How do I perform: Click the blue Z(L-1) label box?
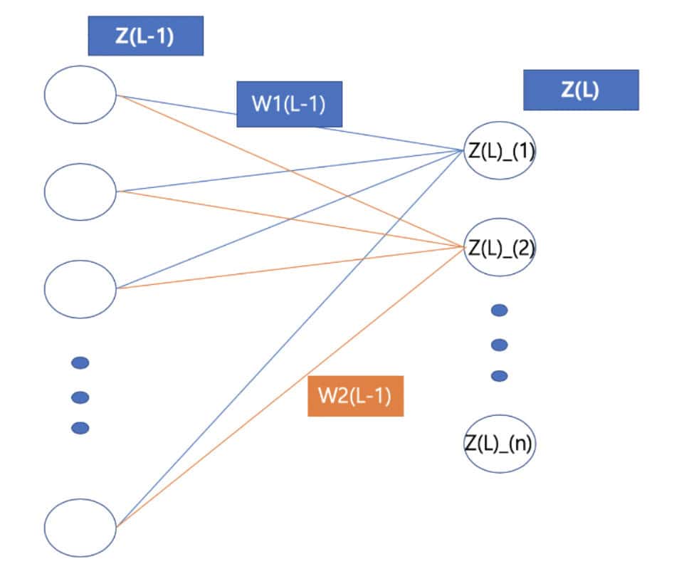(x=146, y=36)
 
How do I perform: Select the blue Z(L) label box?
(x=581, y=90)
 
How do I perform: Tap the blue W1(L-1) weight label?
(x=288, y=105)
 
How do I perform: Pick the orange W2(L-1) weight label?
(x=355, y=396)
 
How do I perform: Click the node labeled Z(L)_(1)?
(x=500, y=150)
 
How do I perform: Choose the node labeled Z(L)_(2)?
(x=500, y=247)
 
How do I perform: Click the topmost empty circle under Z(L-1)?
(x=80, y=94)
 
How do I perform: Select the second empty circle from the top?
(x=80, y=191)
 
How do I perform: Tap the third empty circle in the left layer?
(x=80, y=288)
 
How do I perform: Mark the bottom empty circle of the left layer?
(x=80, y=527)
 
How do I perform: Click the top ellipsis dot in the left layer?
(x=80, y=363)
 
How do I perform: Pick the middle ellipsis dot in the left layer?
(x=80, y=396)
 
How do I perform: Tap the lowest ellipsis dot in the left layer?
(x=80, y=428)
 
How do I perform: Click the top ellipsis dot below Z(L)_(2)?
(x=500, y=310)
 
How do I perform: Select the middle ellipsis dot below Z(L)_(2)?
(x=500, y=345)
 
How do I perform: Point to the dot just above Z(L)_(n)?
(x=500, y=376)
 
